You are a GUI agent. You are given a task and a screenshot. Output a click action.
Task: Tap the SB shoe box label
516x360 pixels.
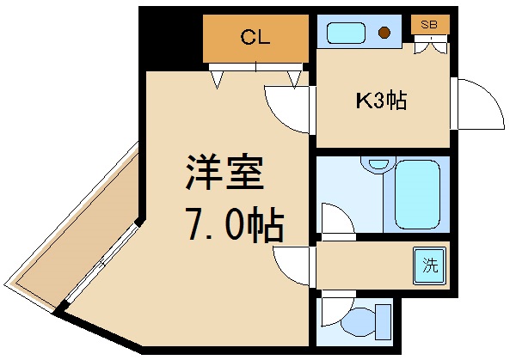(429, 25)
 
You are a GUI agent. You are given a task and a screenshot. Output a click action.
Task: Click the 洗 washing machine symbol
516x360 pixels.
(429, 265)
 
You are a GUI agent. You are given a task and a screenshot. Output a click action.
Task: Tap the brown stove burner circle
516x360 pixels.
(385, 34)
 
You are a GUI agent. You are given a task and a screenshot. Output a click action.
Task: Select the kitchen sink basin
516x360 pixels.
(347, 33)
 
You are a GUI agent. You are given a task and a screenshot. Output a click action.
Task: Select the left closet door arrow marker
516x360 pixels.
(218, 79)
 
